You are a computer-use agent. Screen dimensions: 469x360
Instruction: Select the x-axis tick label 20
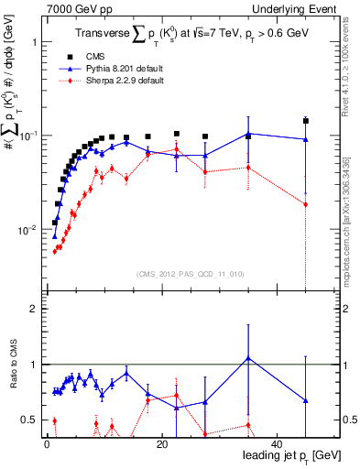click(161, 444)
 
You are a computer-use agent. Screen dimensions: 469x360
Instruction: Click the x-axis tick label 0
click(46, 444)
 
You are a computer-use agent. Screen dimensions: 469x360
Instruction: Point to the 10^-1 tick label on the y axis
click(27, 136)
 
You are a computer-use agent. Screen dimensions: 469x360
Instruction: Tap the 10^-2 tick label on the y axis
click(27, 229)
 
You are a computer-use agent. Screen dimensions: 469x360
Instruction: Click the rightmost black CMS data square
click(306, 121)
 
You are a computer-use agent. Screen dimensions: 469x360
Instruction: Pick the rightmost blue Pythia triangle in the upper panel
click(306, 139)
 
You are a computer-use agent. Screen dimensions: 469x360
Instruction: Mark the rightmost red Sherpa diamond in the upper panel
click(306, 204)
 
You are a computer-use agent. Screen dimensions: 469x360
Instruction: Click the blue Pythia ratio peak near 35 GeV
click(248, 357)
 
